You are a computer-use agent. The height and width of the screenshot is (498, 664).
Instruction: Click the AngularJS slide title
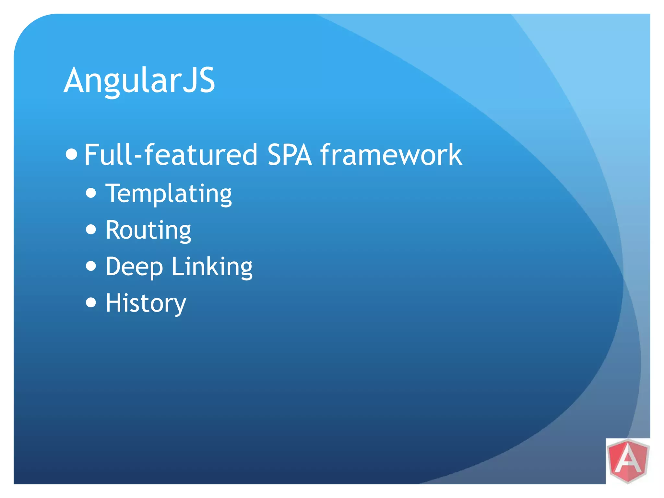click(x=139, y=80)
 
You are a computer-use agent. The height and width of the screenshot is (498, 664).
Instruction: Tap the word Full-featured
click(x=171, y=155)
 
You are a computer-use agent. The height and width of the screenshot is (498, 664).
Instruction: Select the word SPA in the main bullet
click(x=289, y=155)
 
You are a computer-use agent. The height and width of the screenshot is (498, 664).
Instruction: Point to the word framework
click(x=391, y=155)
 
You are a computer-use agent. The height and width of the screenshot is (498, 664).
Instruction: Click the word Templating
click(x=169, y=194)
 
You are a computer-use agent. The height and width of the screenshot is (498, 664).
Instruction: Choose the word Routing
click(x=148, y=231)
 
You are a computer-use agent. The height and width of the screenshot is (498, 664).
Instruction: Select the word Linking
click(x=212, y=267)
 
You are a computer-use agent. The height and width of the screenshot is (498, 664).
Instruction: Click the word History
click(x=146, y=303)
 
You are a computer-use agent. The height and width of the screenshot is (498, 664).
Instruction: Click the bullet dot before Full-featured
click(x=71, y=154)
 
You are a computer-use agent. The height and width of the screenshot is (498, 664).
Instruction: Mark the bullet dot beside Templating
click(x=91, y=193)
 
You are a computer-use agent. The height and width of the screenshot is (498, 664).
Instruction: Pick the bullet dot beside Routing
click(x=91, y=230)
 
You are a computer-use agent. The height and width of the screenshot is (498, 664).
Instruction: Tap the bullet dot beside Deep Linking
click(x=91, y=266)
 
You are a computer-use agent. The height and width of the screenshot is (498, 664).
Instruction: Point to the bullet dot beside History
click(x=91, y=302)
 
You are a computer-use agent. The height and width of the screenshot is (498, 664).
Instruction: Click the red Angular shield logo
click(x=628, y=461)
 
